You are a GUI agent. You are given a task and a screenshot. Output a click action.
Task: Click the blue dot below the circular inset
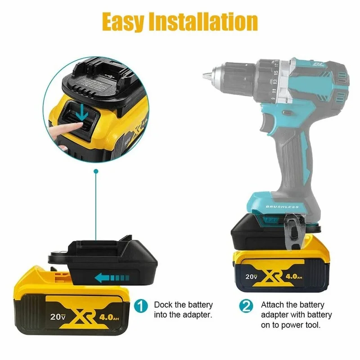(x=94, y=171)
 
